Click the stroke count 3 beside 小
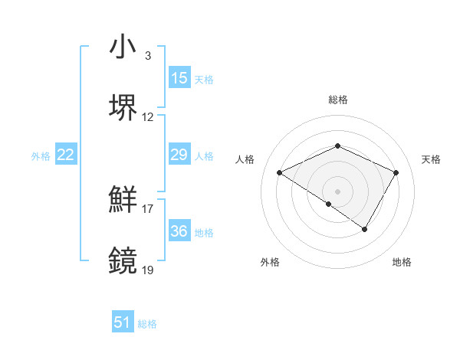point(148,55)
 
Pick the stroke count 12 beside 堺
point(148,117)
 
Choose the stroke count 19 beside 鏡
point(148,270)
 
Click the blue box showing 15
point(179,78)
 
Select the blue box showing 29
point(179,155)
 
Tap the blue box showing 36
point(179,231)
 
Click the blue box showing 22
point(66,155)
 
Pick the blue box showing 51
point(123,322)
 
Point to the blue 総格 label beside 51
point(147,324)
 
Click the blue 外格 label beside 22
point(41,156)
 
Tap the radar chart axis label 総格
point(338,100)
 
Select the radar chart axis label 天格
point(432,159)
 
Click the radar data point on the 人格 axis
point(280,173)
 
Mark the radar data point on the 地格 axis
point(365,229)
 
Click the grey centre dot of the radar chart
point(337,191)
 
